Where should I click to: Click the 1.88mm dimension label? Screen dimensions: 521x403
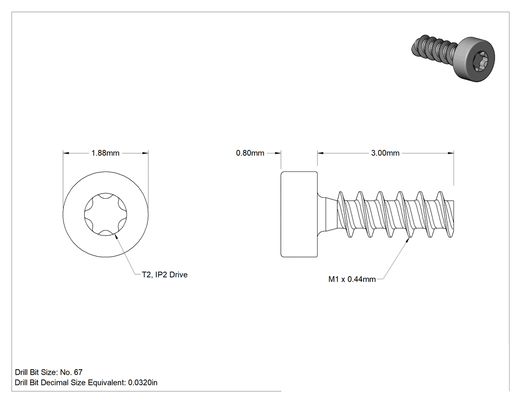point(105,153)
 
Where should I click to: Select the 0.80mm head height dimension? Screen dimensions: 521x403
point(250,153)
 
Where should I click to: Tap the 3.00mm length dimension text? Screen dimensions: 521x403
point(385,153)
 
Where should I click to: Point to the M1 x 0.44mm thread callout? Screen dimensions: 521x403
point(352,279)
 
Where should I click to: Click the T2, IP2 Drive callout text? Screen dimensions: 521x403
point(165,274)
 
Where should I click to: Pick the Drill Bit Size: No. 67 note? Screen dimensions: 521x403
point(49,372)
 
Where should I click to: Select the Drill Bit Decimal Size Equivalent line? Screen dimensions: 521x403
point(86,382)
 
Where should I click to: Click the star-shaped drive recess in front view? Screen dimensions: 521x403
point(106,214)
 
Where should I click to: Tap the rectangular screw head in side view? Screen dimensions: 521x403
point(299,214)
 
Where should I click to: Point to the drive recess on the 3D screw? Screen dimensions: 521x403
point(481,63)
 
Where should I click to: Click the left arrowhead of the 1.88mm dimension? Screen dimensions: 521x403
point(66,153)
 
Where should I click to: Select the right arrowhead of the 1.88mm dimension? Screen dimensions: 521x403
point(145,153)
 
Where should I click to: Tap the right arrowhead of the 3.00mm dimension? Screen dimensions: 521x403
point(451,153)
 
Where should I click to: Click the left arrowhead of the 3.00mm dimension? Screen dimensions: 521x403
point(321,153)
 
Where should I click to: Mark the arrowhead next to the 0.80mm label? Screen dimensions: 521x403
point(278,153)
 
